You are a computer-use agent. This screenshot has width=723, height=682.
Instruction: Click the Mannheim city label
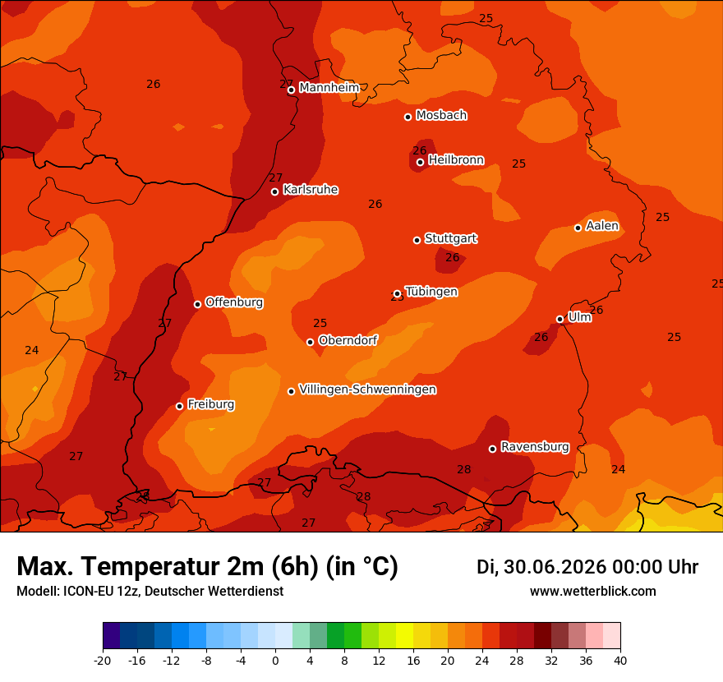click(329, 87)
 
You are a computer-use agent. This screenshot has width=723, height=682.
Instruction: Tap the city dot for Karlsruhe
click(274, 191)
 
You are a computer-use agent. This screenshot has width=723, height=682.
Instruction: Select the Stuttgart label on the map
click(451, 238)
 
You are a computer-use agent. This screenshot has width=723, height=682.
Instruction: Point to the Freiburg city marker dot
click(179, 406)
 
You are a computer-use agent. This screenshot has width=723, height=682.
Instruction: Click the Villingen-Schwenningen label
click(367, 389)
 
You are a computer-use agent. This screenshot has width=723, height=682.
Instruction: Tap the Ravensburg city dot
click(492, 449)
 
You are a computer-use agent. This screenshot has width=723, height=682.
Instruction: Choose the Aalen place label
click(602, 225)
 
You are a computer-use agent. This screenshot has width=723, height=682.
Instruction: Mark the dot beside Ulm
click(560, 319)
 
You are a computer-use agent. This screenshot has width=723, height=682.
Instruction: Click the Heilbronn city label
click(456, 159)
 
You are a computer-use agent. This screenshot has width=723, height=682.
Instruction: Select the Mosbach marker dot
click(408, 118)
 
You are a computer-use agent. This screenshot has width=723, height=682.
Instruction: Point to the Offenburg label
click(234, 302)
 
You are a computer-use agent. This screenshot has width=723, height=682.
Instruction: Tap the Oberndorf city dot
click(311, 342)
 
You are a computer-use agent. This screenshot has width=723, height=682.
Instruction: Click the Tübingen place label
click(431, 292)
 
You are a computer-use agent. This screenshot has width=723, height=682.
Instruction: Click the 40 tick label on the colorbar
click(620, 661)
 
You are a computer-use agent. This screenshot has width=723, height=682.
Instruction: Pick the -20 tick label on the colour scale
click(103, 661)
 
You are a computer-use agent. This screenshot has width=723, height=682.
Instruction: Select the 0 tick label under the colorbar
click(275, 661)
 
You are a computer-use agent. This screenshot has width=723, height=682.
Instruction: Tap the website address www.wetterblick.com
click(593, 591)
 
